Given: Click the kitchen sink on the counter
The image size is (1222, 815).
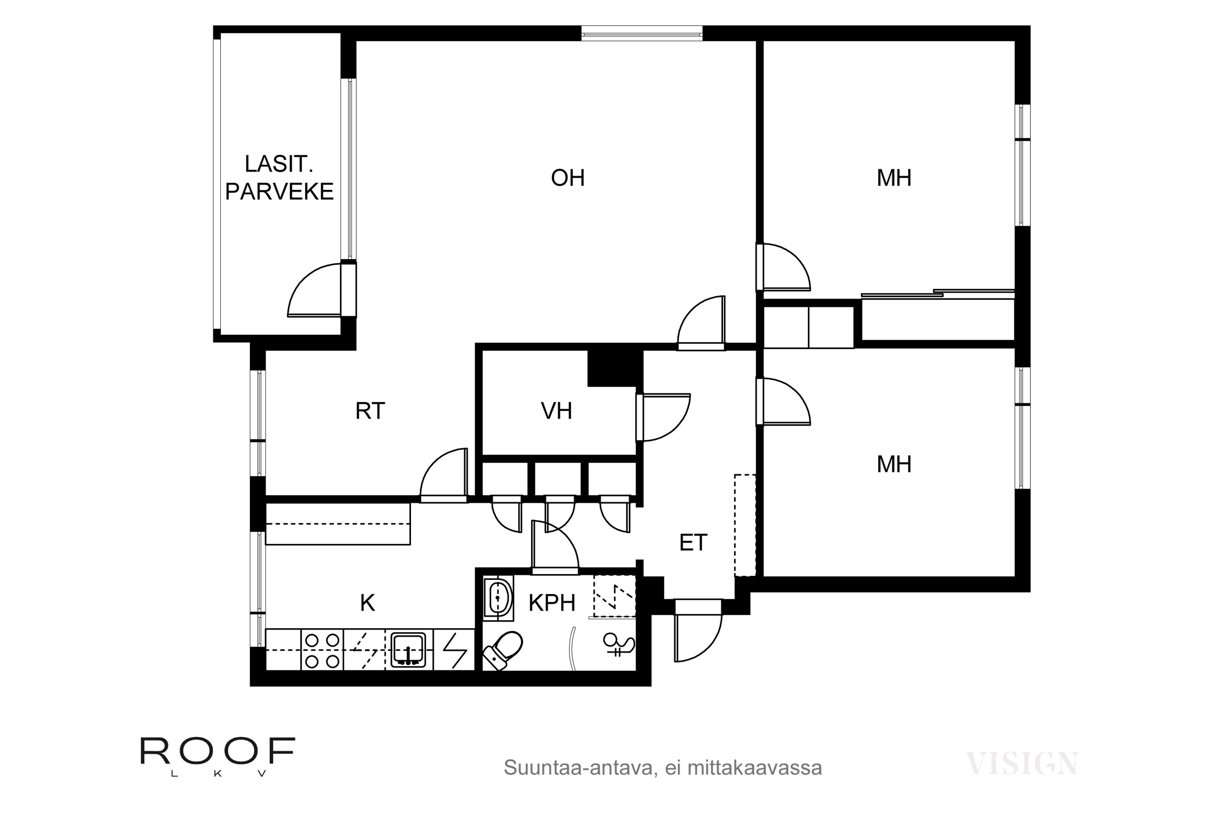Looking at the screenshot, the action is (409, 649).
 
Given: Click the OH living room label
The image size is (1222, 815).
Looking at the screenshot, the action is (568, 178).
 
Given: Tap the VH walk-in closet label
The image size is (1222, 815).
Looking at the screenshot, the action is (556, 411).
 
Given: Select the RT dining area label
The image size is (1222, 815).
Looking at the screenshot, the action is (370, 411).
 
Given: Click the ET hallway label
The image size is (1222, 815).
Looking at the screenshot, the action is (693, 543).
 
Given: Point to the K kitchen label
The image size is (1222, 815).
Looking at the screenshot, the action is (367, 603).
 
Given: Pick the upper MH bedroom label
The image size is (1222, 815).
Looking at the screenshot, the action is (894, 178).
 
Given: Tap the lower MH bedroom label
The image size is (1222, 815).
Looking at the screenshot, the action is (894, 464).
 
